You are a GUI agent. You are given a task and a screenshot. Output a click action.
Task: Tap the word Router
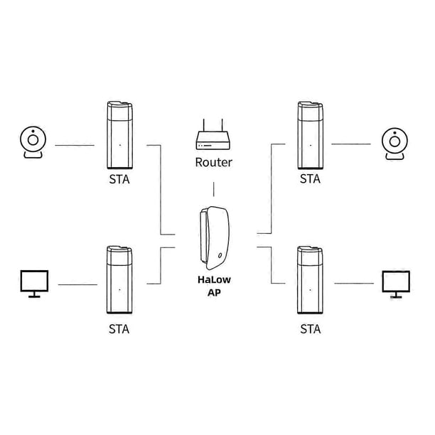click(x=214, y=162)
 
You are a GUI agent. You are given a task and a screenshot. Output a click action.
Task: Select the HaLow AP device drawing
click(x=215, y=238)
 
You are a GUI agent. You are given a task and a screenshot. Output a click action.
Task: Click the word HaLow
click(x=214, y=279)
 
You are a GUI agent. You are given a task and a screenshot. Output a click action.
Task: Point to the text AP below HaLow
click(x=214, y=293)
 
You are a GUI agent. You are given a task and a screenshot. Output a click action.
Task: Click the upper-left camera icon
click(x=33, y=142)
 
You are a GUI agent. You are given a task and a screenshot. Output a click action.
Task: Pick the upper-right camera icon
click(x=394, y=144)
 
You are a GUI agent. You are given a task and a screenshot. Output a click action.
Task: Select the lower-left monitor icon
click(x=34, y=284)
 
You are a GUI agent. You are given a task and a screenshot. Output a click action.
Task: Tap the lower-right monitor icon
click(x=396, y=284)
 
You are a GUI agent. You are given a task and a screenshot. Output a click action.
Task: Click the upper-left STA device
click(x=119, y=135)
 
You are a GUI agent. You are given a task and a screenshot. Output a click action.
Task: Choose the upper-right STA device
click(x=310, y=135)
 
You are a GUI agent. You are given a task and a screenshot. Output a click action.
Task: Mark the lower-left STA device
click(x=119, y=279)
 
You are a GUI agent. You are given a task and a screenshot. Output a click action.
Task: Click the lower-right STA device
click(x=310, y=279)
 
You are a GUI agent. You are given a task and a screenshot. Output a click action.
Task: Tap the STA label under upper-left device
click(x=119, y=180)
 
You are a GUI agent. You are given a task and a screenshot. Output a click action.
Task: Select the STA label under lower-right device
click(x=311, y=329)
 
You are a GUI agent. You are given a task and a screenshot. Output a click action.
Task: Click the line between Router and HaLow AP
click(x=214, y=189)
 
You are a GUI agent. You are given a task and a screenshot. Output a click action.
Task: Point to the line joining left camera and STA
click(x=75, y=145)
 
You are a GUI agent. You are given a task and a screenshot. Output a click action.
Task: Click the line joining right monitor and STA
click(x=354, y=284)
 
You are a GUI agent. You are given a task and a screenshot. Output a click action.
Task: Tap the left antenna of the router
click(x=203, y=125)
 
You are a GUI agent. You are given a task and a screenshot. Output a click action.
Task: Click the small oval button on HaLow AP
click(x=220, y=255)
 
